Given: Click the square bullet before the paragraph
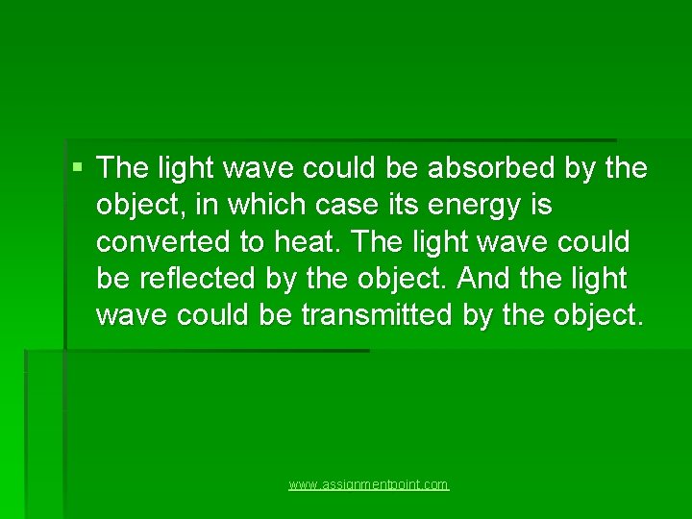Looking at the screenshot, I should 77,167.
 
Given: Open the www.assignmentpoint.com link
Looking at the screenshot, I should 369,485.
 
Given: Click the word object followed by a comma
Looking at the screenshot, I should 137,206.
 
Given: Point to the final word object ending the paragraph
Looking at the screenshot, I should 592,315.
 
